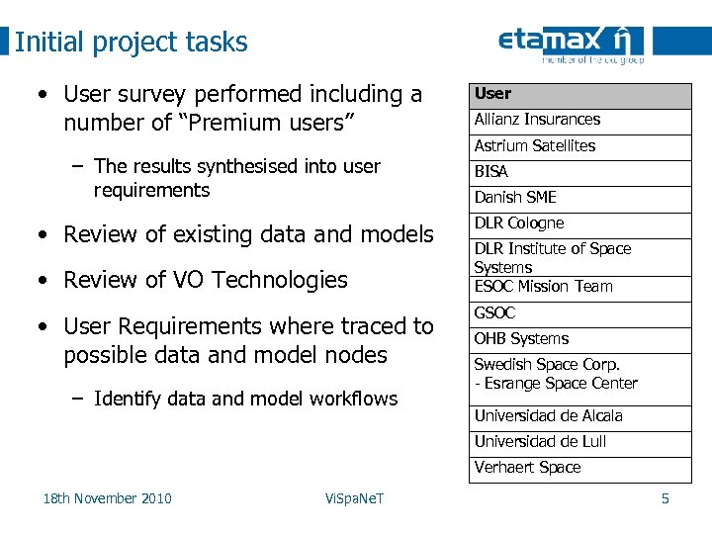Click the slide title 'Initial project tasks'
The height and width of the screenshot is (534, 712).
click(x=132, y=43)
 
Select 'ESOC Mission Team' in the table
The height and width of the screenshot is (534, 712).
click(x=544, y=287)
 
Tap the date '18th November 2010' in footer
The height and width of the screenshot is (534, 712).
click(x=107, y=498)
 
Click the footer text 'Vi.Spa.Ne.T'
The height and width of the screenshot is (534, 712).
click(x=354, y=498)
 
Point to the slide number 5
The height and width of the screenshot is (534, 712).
click(x=665, y=498)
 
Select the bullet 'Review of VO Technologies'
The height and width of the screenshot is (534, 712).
click(x=205, y=280)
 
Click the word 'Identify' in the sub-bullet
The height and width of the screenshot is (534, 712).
click(x=126, y=399)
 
